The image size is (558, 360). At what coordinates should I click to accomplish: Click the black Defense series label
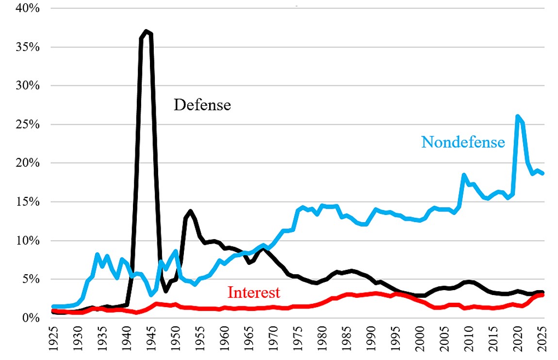pyautogui.click(x=202, y=105)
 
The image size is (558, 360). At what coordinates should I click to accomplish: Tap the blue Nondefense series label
pyautogui.click(x=463, y=142)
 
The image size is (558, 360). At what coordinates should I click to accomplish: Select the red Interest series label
pyautogui.click(x=254, y=293)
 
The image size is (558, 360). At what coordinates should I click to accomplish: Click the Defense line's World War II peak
pyautogui.click(x=146, y=32)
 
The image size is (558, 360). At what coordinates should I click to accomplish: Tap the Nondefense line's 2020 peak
pyautogui.click(x=518, y=116)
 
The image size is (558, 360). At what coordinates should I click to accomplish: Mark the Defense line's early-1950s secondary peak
pyautogui.click(x=190, y=211)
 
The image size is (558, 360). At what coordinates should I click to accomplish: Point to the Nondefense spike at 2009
pyautogui.click(x=464, y=174)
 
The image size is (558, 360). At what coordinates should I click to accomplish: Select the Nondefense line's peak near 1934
pyautogui.click(x=97, y=254)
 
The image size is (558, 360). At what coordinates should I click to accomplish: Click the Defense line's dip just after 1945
pyautogui.click(x=165, y=291)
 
